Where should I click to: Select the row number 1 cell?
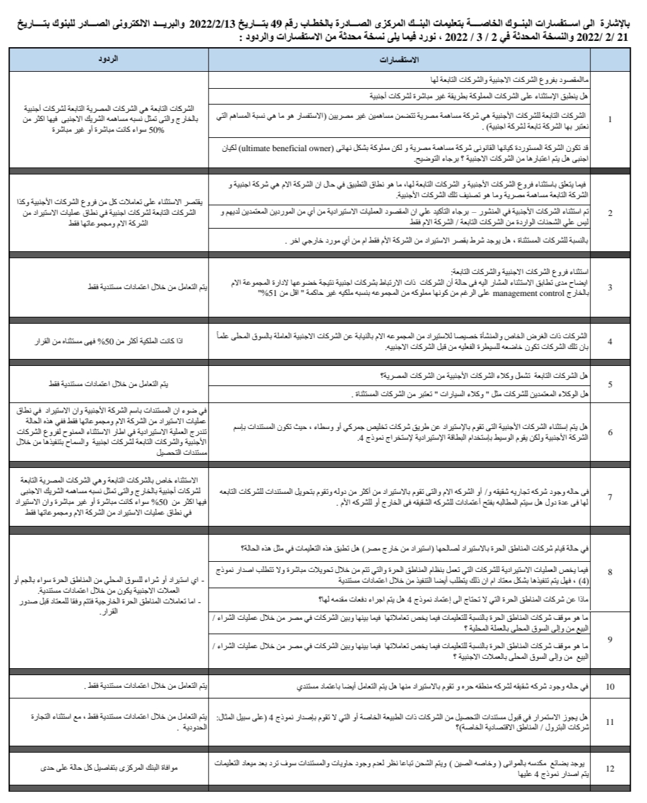click(610, 119)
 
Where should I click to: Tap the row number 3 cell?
click(610, 287)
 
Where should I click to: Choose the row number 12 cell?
click(610, 769)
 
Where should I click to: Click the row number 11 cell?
click(610, 722)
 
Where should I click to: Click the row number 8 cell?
click(610, 572)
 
